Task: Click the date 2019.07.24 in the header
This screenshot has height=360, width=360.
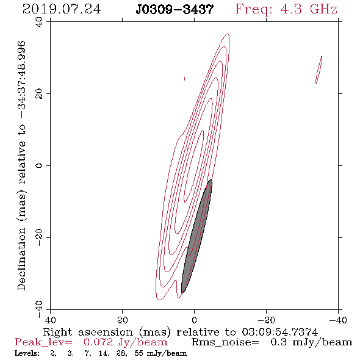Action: tap(62, 9)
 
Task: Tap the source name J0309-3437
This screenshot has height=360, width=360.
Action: tap(175, 9)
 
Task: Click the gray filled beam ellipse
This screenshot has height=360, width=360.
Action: tap(196, 237)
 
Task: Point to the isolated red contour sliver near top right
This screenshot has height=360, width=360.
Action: tap(319, 70)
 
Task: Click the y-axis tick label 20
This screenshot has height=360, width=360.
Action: tap(39, 94)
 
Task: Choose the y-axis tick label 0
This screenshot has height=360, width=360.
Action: tap(39, 165)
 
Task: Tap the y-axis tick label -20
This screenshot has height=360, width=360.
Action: tap(39, 237)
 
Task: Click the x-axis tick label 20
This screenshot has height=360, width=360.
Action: tap(123, 320)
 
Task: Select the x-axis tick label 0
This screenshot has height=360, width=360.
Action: tap(195, 320)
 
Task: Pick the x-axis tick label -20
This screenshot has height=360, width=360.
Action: tap(266, 320)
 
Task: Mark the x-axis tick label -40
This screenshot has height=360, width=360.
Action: tap(338, 320)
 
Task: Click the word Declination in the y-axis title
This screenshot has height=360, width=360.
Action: tap(21, 259)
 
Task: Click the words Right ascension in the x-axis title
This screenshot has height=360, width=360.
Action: tap(88, 333)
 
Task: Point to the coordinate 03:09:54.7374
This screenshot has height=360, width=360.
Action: tap(280, 332)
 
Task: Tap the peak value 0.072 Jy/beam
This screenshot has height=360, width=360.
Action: tap(125, 342)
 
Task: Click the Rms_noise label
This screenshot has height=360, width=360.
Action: tap(225, 342)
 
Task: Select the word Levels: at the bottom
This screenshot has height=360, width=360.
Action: tap(27, 353)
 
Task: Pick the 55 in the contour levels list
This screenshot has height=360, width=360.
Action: tap(139, 353)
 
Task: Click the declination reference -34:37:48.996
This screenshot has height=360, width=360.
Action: tap(21, 79)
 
